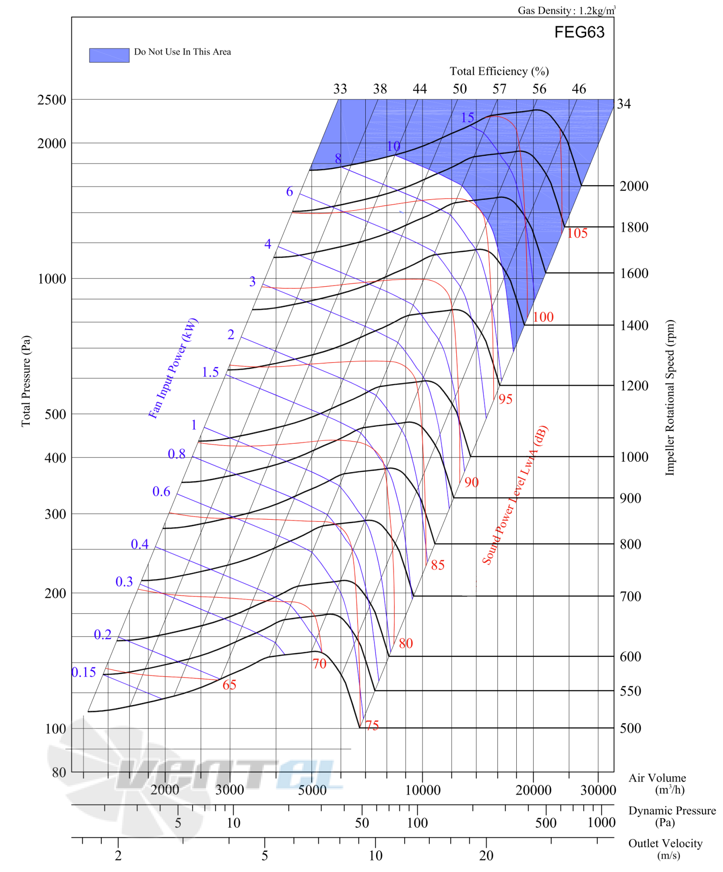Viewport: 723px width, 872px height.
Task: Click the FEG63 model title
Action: click(579, 32)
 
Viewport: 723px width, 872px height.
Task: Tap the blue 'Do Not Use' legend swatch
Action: click(109, 55)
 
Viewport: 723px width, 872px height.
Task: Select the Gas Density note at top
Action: click(567, 10)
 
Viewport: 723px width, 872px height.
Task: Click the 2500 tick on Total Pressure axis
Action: click(52, 100)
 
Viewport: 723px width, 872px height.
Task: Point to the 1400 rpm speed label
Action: click(634, 325)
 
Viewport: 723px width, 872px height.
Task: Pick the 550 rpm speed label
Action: click(630, 690)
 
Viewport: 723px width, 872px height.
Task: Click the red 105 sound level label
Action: click(577, 233)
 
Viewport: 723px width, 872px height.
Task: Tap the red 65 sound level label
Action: click(229, 684)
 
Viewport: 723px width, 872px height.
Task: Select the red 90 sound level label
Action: click(471, 482)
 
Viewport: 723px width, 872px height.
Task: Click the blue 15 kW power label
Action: click(467, 117)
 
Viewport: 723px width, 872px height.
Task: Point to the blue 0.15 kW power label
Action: click(84, 672)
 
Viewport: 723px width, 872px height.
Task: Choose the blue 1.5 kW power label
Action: click(210, 372)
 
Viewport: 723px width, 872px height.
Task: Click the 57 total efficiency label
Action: click(499, 89)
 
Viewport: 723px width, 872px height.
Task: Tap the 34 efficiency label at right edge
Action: click(624, 104)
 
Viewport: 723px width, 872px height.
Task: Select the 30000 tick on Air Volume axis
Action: click(598, 790)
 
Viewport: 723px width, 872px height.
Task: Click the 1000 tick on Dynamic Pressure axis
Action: click(601, 823)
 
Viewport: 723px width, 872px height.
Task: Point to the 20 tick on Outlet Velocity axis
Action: click(486, 855)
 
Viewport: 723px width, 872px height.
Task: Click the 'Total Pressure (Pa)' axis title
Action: click(26, 381)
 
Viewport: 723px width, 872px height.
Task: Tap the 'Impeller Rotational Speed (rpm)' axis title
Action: click(670, 397)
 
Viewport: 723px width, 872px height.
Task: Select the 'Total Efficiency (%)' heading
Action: click(499, 71)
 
